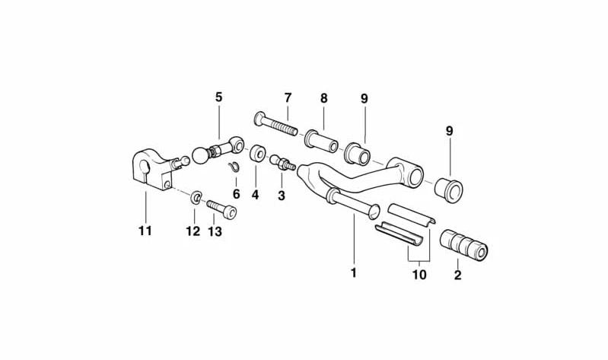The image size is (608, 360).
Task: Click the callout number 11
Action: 145,231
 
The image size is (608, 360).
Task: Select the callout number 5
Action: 219,97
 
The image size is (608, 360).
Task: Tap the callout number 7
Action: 288,97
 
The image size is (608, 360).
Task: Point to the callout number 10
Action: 419,275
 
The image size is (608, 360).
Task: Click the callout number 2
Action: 457,275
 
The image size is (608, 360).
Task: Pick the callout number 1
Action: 353,273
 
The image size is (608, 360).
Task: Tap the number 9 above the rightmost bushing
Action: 450,131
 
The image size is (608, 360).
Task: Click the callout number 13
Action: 215,231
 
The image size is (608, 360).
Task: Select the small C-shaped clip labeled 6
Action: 234,167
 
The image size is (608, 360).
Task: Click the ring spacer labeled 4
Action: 256,154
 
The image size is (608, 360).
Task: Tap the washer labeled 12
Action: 196,197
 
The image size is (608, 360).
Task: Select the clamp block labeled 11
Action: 152,170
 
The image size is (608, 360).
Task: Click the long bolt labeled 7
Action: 275,124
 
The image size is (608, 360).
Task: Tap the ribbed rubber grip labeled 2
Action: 463,245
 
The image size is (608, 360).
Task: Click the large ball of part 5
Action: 200,155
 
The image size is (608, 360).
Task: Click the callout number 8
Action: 323,98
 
